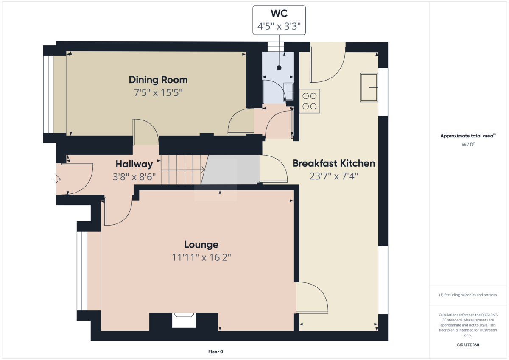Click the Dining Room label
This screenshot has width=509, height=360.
click(x=158, y=80)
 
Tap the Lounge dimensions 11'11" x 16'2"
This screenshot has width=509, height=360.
click(x=201, y=257)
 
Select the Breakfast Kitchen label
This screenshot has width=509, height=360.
click(x=333, y=163)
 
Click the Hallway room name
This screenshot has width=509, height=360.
click(x=134, y=164)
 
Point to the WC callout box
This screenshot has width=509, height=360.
click(x=279, y=20)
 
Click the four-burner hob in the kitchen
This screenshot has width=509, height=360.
click(x=310, y=101)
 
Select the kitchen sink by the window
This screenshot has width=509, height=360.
click(x=369, y=87)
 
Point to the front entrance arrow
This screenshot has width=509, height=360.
click(x=56, y=179)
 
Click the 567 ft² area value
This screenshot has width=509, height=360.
click(x=468, y=144)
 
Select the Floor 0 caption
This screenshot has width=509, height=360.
click(x=215, y=352)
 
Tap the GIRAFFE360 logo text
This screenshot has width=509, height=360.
click(x=468, y=345)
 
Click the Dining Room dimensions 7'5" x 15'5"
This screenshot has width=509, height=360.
click(x=158, y=92)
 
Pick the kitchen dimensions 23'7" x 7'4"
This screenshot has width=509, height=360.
click(x=333, y=176)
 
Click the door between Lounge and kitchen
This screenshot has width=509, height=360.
click(x=311, y=298)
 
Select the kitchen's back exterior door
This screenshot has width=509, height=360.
click(x=327, y=64)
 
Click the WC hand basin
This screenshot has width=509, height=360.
click(x=288, y=92)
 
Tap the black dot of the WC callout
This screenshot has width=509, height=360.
click(x=279, y=68)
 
